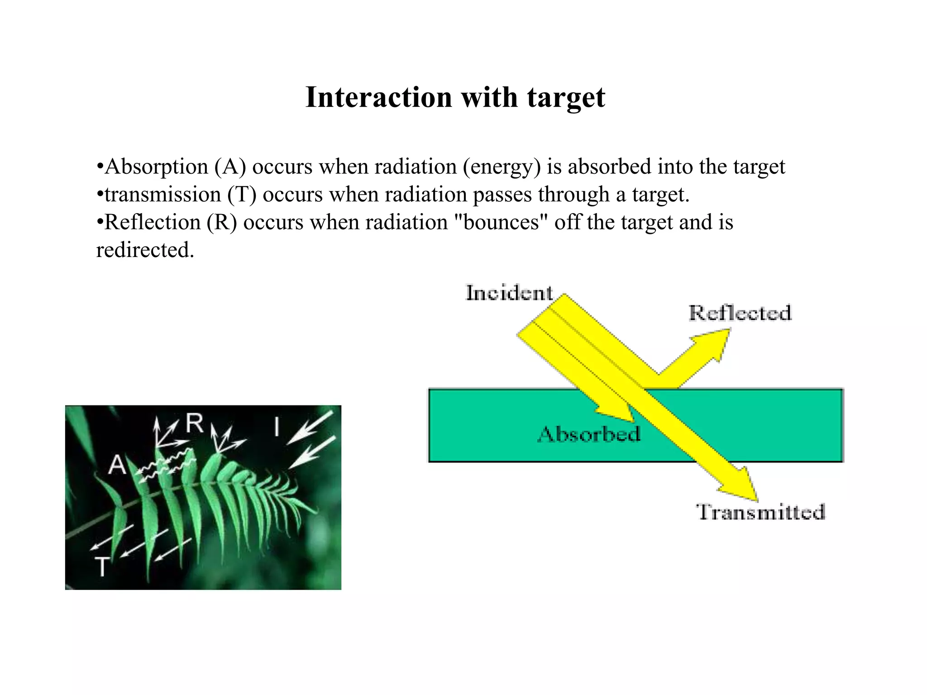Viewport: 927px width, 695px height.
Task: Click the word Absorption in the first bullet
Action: click(x=157, y=167)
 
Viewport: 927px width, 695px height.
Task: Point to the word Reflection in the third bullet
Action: click(x=153, y=222)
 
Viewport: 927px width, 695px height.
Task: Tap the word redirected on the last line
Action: click(x=145, y=250)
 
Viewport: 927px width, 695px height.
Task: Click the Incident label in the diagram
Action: click(x=509, y=293)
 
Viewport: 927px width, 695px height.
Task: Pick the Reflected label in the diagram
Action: click(x=740, y=313)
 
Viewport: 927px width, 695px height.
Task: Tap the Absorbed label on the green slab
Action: click(x=589, y=434)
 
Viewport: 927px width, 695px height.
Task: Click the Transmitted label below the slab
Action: click(x=760, y=512)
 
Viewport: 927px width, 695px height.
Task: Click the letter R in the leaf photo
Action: click(x=195, y=424)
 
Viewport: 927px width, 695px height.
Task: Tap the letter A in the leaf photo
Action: click(x=117, y=465)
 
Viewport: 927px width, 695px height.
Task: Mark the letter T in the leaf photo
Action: click(x=102, y=566)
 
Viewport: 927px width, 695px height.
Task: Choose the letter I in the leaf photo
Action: click(x=277, y=427)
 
